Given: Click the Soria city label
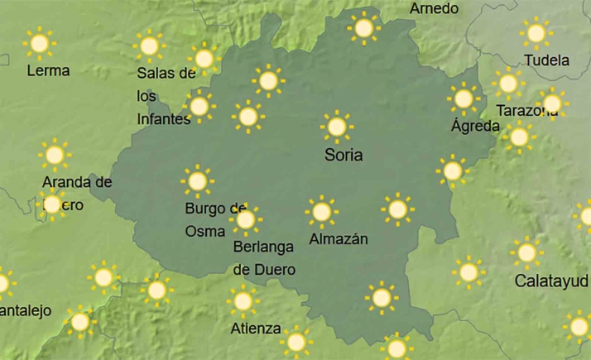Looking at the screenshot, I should tap(344, 155).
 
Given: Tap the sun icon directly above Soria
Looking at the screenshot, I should tap(336, 127).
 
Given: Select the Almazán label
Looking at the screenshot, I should tap(338, 239).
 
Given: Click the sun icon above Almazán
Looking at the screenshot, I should tap(321, 212).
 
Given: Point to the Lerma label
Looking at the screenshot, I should tap(48, 71).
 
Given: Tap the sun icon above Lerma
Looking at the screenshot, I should tap(38, 41).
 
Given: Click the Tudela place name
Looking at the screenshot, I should tap(547, 60).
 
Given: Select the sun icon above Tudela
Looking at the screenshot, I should tap(536, 33).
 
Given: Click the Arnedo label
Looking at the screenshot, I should tap(434, 8).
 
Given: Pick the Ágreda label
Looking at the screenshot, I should tap(475, 126).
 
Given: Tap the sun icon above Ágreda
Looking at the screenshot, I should tap(464, 98).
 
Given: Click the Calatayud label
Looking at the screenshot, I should tap(551, 281).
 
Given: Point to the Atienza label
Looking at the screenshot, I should tap(256, 328).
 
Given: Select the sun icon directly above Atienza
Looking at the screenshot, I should tap(243, 301).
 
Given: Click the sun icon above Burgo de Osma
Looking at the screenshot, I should tap(197, 181).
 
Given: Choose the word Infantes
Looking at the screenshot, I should tap(163, 118).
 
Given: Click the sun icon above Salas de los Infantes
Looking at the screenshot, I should tap(149, 46).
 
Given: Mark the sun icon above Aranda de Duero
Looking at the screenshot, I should tap(55, 155).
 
